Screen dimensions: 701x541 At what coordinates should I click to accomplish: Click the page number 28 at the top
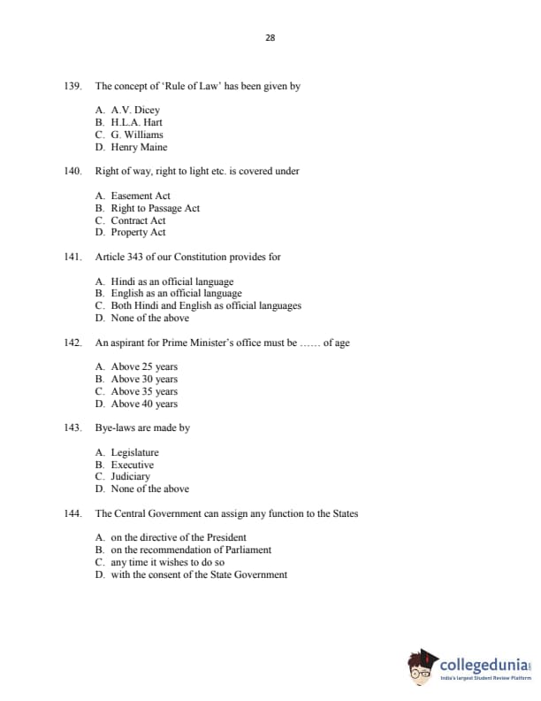click(x=270, y=37)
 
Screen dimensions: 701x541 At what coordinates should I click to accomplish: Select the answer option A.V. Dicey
click(x=135, y=111)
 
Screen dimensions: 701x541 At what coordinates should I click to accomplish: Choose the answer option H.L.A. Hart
click(x=136, y=123)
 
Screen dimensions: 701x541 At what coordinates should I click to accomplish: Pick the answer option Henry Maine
click(x=139, y=147)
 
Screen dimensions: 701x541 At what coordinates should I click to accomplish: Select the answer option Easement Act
click(x=141, y=196)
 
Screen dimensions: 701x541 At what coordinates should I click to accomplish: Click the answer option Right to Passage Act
click(x=155, y=208)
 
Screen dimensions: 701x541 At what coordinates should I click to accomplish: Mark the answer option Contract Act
click(x=138, y=220)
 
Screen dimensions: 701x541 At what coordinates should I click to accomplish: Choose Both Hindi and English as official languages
click(x=206, y=305)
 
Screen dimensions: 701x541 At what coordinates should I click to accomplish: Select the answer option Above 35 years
click(x=144, y=391)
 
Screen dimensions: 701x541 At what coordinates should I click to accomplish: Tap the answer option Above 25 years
click(x=144, y=366)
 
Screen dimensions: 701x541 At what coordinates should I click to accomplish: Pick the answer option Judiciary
click(x=130, y=476)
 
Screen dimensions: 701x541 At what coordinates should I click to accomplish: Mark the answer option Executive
click(x=132, y=465)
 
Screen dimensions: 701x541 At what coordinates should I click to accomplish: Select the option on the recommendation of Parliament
click(x=191, y=550)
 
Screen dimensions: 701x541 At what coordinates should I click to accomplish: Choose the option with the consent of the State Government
click(x=199, y=574)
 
